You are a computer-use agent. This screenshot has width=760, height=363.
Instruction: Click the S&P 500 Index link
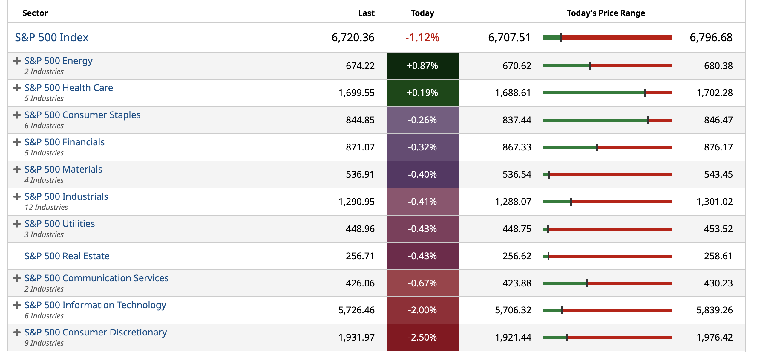51,38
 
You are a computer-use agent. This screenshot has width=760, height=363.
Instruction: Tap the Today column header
422,13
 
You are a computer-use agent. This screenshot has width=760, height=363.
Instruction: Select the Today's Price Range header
606,13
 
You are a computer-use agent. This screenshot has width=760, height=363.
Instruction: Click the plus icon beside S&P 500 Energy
17,61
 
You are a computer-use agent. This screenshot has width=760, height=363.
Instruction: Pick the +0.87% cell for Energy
422,66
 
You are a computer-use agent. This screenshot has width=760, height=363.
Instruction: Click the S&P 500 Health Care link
68,88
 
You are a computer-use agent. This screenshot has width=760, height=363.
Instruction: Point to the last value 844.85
360,120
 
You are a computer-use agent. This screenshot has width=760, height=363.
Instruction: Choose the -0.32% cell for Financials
422,147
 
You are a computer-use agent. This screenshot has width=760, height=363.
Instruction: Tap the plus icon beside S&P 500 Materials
17,170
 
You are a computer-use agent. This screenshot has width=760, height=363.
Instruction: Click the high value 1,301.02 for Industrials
714,202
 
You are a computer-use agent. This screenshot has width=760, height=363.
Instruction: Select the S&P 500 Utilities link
59,224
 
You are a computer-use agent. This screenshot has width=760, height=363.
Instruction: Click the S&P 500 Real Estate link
67,256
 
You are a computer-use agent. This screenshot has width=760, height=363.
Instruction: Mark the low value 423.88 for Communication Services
517,283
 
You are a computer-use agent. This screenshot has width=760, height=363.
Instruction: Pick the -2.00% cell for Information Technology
422,310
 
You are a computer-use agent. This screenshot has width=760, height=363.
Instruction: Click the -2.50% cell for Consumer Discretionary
422,337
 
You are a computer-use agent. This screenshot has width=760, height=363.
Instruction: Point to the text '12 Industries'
46,207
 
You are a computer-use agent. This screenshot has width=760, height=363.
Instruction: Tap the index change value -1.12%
422,38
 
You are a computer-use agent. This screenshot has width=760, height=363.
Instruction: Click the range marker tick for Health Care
645,93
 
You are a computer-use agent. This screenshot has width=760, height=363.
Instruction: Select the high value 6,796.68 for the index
711,38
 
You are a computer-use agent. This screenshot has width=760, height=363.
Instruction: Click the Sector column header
35,13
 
